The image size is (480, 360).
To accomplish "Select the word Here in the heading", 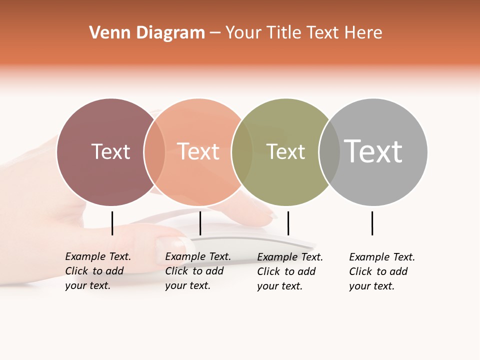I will [x=363, y=33].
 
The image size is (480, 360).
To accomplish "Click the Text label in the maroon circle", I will [x=110, y=151].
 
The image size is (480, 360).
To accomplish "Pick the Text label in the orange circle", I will [x=198, y=151].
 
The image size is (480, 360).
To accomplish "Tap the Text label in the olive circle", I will [x=285, y=151].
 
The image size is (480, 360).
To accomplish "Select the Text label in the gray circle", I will [x=373, y=151].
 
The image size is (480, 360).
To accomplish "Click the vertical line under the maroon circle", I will [x=112, y=223].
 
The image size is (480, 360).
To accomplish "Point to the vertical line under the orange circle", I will [x=200, y=223].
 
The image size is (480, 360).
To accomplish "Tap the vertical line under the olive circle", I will [x=288, y=223].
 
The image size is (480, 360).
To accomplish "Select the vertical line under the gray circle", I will [x=372, y=223].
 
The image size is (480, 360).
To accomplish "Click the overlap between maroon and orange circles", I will [x=154, y=152].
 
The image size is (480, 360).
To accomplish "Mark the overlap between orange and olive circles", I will [x=242, y=152].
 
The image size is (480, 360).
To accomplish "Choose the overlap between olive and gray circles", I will [x=329, y=152].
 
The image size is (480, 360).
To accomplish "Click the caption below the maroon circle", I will [x=97, y=271].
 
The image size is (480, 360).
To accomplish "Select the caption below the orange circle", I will [x=197, y=271].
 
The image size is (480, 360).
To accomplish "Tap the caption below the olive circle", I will [x=289, y=271].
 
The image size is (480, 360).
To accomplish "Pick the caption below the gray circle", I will [x=381, y=271].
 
